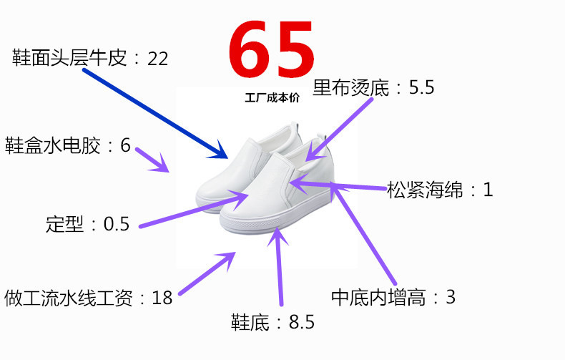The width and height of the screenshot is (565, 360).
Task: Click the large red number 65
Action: pos(271,48)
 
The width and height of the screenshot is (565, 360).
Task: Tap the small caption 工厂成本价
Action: pos(271,99)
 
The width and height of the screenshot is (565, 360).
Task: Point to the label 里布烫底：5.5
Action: pos(373,88)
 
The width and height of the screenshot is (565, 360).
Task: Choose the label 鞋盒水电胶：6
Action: pos(68,145)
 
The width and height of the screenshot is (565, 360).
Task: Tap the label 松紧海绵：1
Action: pos(440,190)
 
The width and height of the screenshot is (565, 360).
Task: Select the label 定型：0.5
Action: pos(87,224)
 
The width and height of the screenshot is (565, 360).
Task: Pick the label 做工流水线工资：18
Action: pos(89,298)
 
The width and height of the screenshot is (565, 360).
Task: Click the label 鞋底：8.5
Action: pos(272,322)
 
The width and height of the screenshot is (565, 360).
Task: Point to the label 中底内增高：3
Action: pos(393,296)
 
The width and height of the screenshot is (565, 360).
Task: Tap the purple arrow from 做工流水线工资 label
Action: pos(207,273)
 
